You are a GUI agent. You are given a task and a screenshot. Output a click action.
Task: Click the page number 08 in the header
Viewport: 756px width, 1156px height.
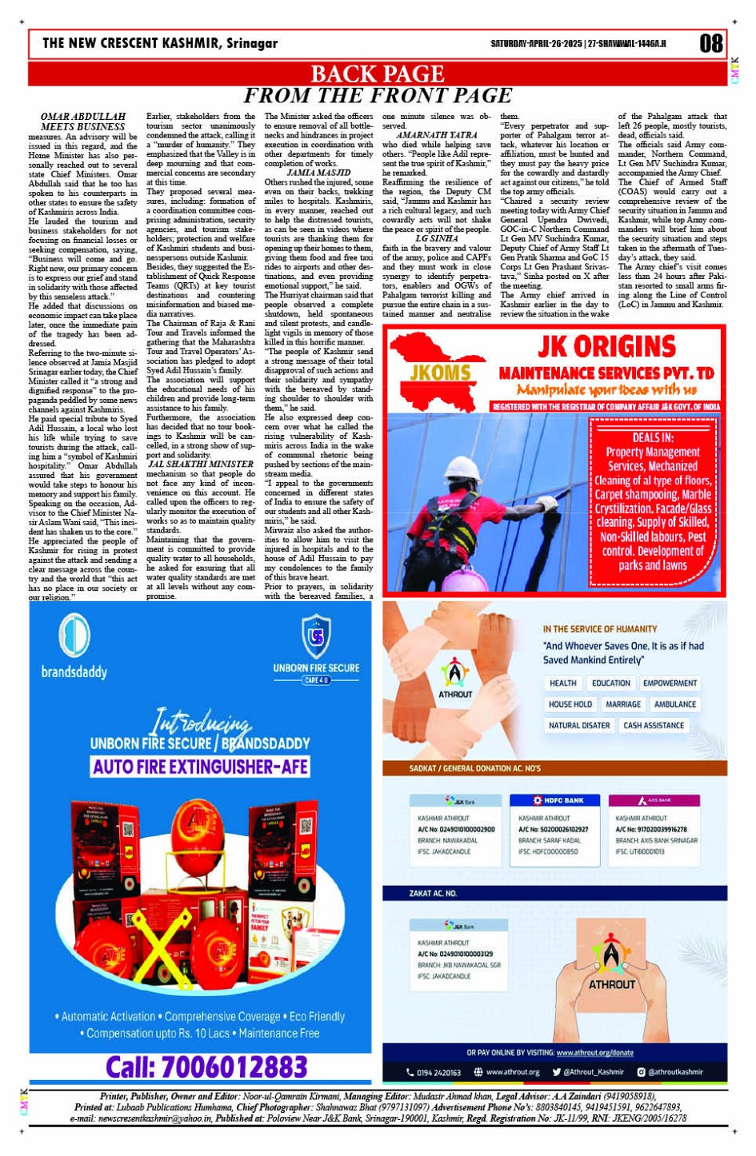tap(710, 42)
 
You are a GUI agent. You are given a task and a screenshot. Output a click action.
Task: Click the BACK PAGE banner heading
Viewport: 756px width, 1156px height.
tap(377, 74)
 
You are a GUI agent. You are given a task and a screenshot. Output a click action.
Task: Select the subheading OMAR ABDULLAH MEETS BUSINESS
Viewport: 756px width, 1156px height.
tap(82, 122)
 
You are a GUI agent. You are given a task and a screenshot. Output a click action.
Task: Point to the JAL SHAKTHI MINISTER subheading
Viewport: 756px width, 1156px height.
tap(201, 464)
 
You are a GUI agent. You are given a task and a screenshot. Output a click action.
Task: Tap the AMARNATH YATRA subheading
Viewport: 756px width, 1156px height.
tap(436, 136)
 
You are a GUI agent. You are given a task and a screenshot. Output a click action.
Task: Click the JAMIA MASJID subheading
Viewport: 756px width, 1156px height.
tap(318, 173)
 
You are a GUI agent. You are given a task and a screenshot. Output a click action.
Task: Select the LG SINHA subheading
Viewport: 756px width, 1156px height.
tap(436, 238)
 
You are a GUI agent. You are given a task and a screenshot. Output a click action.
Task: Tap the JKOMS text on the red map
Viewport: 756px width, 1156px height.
tap(441, 373)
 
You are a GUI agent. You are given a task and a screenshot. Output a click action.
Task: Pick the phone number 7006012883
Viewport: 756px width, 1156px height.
tap(206, 1066)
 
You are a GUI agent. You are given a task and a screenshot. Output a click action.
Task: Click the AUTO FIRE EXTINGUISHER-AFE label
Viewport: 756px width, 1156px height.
tap(200, 767)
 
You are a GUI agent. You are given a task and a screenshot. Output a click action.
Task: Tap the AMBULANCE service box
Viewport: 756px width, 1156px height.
tap(674, 704)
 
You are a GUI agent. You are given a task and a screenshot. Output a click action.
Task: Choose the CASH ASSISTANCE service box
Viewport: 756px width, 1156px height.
tap(654, 725)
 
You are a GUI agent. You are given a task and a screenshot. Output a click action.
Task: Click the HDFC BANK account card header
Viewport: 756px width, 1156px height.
tap(558, 800)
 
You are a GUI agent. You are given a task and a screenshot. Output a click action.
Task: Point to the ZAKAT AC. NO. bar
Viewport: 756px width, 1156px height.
tap(433, 893)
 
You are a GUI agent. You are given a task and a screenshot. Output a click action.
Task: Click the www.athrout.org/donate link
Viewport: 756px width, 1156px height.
tap(594, 1053)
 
